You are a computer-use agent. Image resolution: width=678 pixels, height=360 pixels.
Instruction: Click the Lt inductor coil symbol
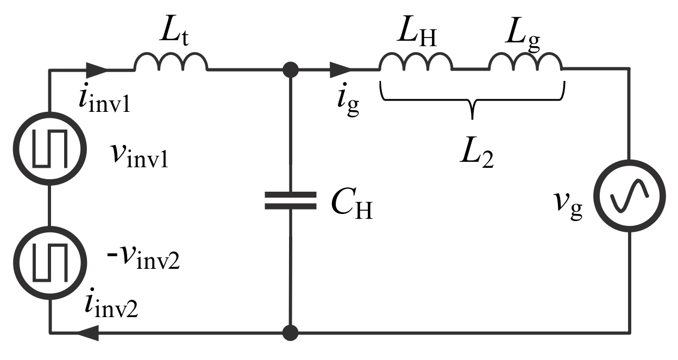(x=171, y=62)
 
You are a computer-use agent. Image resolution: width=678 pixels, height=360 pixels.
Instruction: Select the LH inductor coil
(x=416, y=62)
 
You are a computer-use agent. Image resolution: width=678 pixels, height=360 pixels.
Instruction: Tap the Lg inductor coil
(x=525, y=62)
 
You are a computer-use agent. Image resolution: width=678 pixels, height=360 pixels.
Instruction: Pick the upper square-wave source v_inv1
(x=50, y=148)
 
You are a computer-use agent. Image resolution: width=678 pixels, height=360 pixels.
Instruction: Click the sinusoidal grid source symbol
(x=630, y=196)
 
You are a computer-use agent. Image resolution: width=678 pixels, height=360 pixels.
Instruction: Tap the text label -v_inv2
(x=145, y=259)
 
